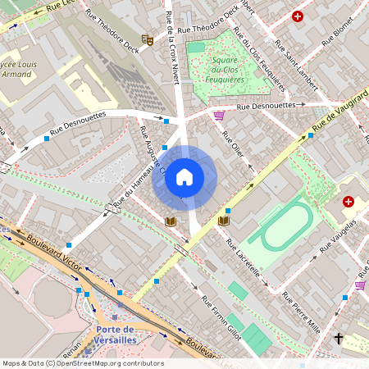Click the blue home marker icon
click(184, 177)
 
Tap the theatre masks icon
click(148, 39)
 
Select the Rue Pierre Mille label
click(303, 312)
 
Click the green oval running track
click(280, 227)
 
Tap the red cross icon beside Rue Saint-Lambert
click(297, 16)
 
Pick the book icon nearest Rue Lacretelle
click(224, 221)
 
